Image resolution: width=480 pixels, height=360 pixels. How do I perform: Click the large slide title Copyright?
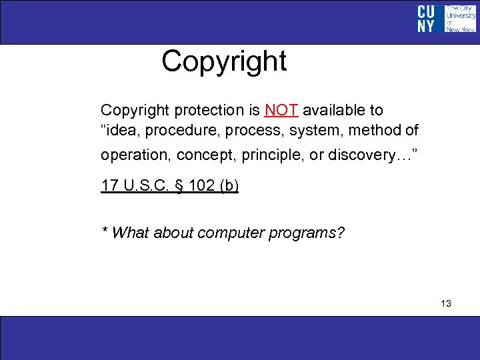pyautogui.click(x=224, y=61)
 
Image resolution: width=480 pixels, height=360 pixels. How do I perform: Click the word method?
pyautogui.click(x=371, y=131)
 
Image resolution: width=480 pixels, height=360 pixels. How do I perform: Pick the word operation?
pyautogui.click(x=136, y=155)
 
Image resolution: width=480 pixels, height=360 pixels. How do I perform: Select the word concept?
pyautogui.click(x=205, y=155)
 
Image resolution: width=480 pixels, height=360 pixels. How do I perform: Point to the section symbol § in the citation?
pyautogui.click(x=177, y=186)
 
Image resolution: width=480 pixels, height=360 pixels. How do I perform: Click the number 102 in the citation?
pyautogui.click(x=201, y=186)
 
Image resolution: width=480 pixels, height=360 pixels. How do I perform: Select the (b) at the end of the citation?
pyautogui.click(x=228, y=186)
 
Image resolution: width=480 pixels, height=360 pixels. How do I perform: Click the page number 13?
pyautogui.click(x=446, y=303)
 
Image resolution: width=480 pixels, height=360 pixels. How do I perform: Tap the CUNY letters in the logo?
pyautogui.click(x=426, y=19)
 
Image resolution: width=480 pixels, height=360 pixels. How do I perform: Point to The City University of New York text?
pyautogui.click(x=461, y=19)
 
